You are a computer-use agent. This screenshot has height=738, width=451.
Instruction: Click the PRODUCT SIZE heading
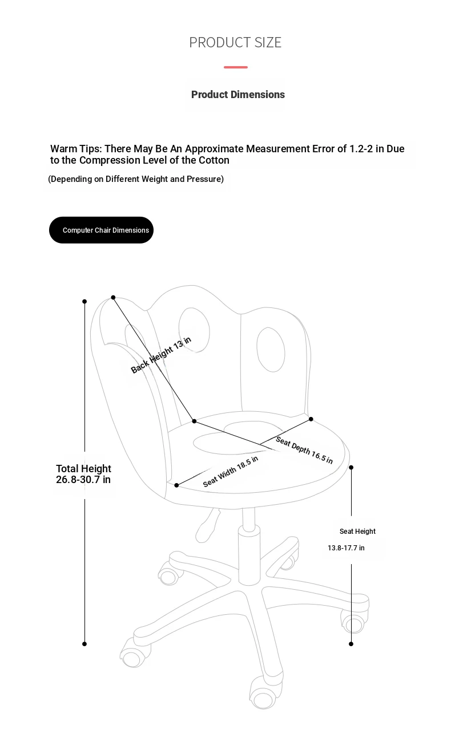click(235, 42)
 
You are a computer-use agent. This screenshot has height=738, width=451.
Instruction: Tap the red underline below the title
click(235, 67)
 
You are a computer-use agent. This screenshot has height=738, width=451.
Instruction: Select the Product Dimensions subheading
click(237, 95)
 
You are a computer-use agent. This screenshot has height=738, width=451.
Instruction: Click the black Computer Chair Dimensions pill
click(101, 230)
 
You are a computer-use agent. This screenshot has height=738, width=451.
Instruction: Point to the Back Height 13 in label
click(161, 355)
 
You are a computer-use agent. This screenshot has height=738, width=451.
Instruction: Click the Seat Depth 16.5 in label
click(304, 450)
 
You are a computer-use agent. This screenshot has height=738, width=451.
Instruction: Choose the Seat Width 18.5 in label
click(230, 471)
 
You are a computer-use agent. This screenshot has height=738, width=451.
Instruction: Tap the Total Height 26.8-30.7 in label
click(83, 474)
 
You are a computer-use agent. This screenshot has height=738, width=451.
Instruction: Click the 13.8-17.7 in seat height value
click(346, 548)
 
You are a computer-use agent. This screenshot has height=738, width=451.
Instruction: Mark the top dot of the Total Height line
click(84, 301)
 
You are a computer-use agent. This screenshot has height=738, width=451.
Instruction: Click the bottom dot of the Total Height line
click(84, 644)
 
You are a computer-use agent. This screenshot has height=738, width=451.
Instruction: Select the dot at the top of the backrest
click(113, 297)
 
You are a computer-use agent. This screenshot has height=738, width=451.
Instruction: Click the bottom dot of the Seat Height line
click(351, 644)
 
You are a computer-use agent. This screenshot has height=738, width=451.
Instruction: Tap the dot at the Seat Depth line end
click(311, 419)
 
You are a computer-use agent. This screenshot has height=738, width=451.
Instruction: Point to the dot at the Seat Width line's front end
click(177, 485)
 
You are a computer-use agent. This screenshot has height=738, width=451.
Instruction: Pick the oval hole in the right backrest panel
click(271, 349)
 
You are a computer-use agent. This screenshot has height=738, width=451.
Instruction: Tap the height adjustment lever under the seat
click(208, 525)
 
